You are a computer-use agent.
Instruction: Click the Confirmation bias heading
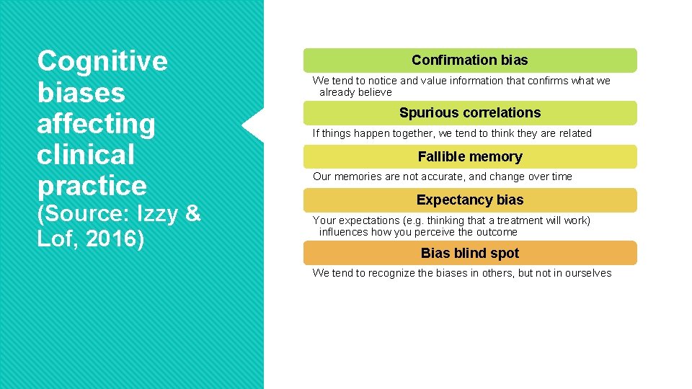point(469,61)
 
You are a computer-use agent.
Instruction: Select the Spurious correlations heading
point(469,113)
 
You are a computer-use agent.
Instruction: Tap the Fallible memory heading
point(469,157)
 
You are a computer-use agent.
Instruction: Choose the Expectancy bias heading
point(469,200)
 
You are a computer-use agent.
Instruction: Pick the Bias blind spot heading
point(469,254)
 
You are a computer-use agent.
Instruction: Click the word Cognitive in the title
point(102,62)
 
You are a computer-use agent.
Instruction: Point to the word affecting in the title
point(96,124)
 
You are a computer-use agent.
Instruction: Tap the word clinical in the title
point(86,155)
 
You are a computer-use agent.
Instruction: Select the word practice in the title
point(92,186)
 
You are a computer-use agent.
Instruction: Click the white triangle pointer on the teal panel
point(253,126)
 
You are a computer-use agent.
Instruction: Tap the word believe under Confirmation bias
point(376,92)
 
